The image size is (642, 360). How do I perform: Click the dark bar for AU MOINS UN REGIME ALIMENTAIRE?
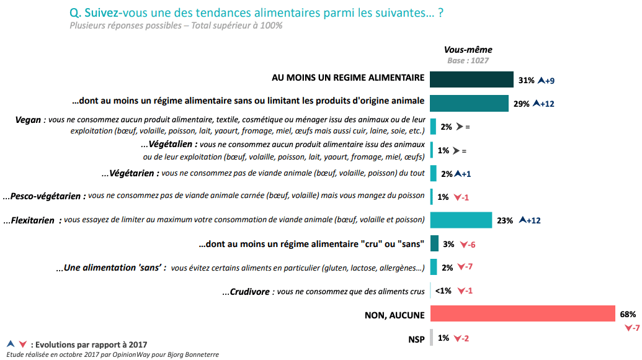pyautogui.click(x=471, y=79)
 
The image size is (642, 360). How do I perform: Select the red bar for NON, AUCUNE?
pyautogui.click(x=522, y=314)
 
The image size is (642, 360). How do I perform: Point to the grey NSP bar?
pyautogui.click(x=432, y=338)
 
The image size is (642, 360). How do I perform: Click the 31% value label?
pyautogui.click(x=526, y=80)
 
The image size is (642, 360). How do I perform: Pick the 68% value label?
pyautogui.click(x=628, y=314)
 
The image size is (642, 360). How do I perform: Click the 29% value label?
pyautogui.click(x=521, y=104)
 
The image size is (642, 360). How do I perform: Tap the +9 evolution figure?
pyautogui.click(x=549, y=80)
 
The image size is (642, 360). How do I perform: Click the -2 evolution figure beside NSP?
pyautogui.click(x=463, y=338)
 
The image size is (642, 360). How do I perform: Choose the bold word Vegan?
pyautogui.click(x=28, y=120)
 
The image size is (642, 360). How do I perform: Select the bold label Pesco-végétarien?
pyautogui.click(x=44, y=196)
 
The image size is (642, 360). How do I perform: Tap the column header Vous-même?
pyautogui.click(x=468, y=50)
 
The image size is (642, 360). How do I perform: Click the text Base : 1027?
pyautogui.click(x=468, y=60)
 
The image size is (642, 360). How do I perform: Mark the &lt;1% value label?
pyautogui.click(x=442, y=291)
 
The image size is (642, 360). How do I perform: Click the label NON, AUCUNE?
pyautogui.click(x=395, y=315)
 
